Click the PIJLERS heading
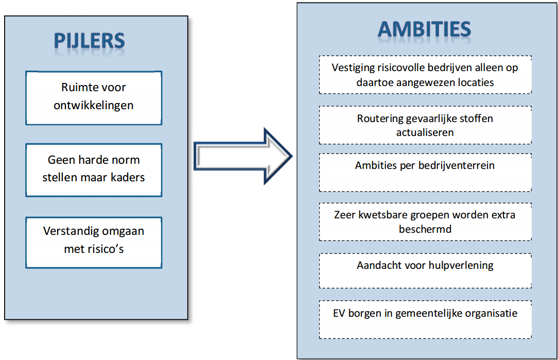pos(90,41)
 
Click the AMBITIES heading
pos(424,29)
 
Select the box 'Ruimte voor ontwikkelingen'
pos(94,98)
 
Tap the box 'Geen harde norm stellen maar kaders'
pos(94,170)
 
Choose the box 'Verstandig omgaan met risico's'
pos(94,243)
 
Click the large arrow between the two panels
pos(243,157)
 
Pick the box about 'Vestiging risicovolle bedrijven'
pos(425,75)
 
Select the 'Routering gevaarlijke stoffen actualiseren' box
pos(425,125)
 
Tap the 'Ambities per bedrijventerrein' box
pos(425,173)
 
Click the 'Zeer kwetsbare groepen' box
pos(425,222)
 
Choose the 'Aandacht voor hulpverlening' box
pos(425,271)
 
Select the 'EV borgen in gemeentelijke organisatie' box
pos(425,319)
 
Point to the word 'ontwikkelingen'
pos(94,106)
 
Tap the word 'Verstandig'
pos(66,232)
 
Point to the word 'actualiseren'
pos(425,132)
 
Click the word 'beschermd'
pos(425,229)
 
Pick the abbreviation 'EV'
pos(339,313)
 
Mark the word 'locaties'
pos(476,82)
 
